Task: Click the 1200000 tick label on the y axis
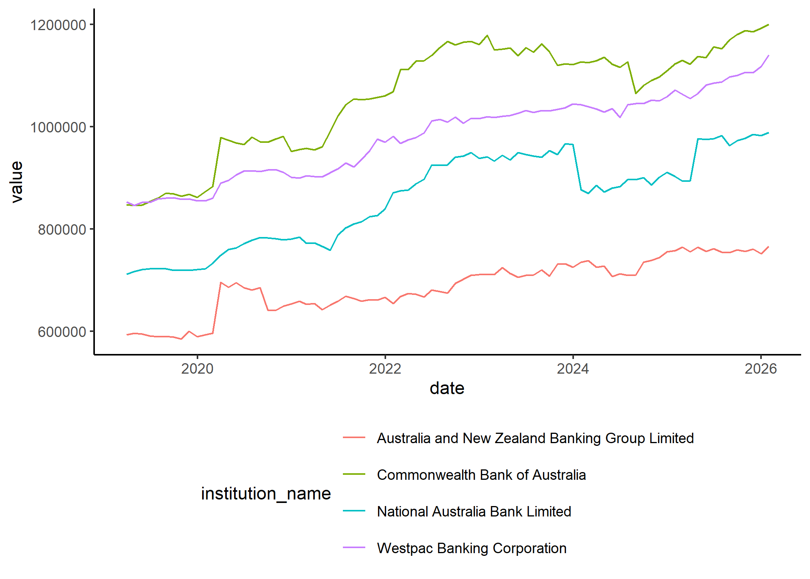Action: [x=58, y=25]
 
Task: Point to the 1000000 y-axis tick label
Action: [x=58, y=127]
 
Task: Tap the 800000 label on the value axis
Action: [x=62, y=229]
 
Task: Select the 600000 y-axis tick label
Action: [x=62, y=332]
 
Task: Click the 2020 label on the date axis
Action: [x=197, y=369]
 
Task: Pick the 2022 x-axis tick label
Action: [x=385, y=369]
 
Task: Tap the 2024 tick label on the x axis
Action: [x=573, y=369]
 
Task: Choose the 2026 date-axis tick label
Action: [x=761, y=369]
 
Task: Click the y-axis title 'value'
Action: [x=17, y=182]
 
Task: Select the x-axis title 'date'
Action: [x=447, y=388]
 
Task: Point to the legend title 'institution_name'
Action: [x=266, y=493]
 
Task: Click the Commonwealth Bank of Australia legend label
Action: [x=481, y=475]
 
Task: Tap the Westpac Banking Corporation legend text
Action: [x=471, y=548]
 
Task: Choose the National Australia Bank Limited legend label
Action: [x=474, y=511]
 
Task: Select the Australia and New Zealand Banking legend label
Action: [x=535, y=438]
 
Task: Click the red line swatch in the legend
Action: [x=354, y=438]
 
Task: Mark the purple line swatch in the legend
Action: [x=354, y=548]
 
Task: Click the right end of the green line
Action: [x=769, y=25]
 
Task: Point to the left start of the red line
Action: [x=127, y=335]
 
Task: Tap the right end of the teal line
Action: [x=769, y=133]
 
